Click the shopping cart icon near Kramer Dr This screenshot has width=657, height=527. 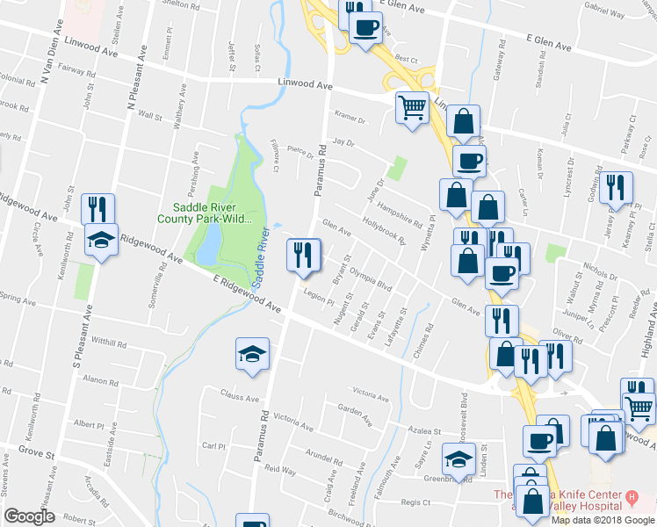pos(412,107)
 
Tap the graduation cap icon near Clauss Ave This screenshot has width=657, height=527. pos(253,354)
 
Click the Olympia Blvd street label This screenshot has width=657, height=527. pos(370,278)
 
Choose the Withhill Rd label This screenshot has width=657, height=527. pos(110,342)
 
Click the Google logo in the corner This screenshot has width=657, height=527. pos(29,516)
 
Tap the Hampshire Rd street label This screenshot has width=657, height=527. pos(401,206)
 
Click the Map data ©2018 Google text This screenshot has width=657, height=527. pos(603,520)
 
